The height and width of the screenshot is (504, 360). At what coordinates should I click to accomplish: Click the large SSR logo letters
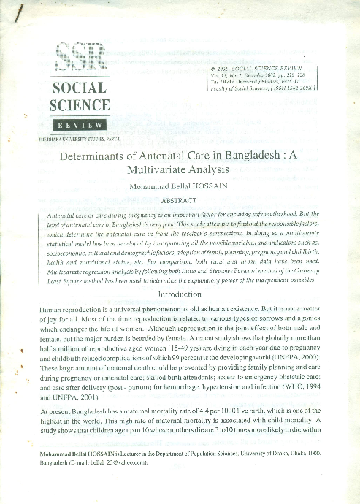(x=80, y=57)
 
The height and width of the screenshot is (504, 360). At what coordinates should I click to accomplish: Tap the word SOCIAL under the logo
(x=79, y=88)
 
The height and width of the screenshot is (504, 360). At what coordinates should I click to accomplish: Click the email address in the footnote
(x=120, y=462)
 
